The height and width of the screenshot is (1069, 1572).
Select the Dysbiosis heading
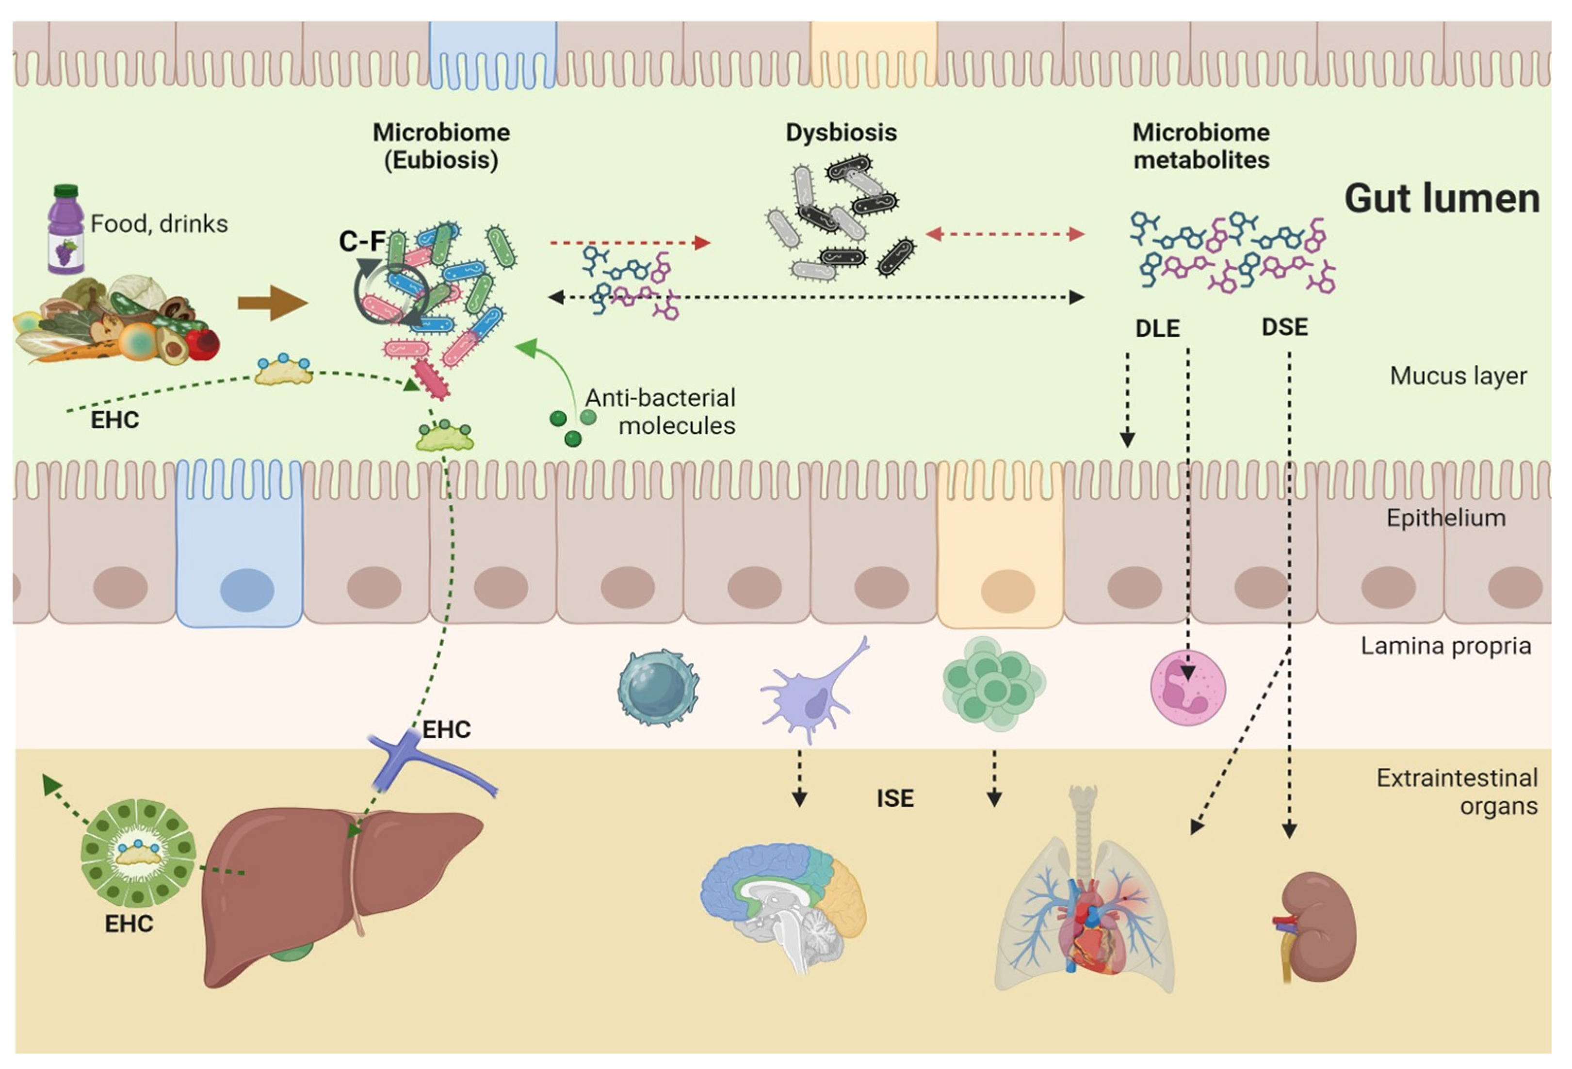pyautogui.click(x=841, y=132)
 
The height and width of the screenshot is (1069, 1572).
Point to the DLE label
pyautogui.click(x=1157, y=329)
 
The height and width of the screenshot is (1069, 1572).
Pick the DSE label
pyautogui.click(x=1284, y=327)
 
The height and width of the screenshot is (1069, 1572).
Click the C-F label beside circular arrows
pyautogui.click(x=362, y=242)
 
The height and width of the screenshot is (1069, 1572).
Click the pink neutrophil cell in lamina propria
pyautogui.click(x=1188, y=687)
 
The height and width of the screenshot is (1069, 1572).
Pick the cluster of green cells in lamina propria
pyautogui.click(x=993, y=683)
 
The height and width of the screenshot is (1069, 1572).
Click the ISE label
pyautogui.click(x=895, y=798)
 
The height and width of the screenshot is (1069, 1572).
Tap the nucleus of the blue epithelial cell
pyautogui.click(x=247, y=589)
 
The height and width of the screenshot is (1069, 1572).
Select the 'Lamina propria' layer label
pyautogui.click(x=1445, y=646)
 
